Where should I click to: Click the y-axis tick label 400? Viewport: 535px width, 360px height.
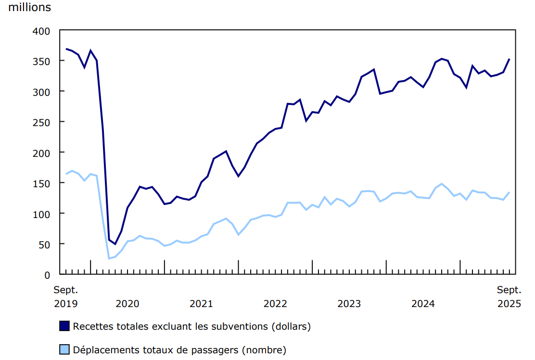tap(41, 31)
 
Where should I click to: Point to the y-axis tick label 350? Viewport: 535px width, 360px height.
tap(41, 61)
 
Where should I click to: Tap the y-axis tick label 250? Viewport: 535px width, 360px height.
tap(41, 122)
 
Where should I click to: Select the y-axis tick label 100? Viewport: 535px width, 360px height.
tap(41, 214)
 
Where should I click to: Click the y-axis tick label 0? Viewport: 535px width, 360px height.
tap(47, 275)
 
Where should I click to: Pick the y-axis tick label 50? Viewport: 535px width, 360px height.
tap(44, 244)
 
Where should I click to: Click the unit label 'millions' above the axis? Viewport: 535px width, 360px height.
tap(29, 8)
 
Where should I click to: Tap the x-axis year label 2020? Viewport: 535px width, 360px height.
tap(127, 304)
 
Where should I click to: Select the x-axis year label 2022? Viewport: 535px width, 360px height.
tap(275, 304)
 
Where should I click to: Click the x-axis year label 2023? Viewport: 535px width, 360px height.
tap(349, 304)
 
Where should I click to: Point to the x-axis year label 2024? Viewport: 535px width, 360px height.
tap(423, 304)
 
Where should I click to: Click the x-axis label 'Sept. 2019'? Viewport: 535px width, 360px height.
tap(65, 297)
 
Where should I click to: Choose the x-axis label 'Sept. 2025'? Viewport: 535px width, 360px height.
tap(509, 297)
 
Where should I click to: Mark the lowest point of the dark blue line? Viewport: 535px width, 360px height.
tap(115, 244)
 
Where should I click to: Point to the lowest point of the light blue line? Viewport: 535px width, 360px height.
tap(109, 258)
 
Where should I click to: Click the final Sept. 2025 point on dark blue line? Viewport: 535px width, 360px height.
tap(510, 59)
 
